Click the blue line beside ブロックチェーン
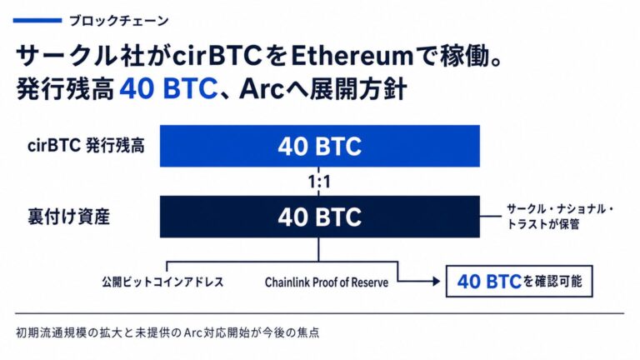pos(37,20)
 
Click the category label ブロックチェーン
pos(119,20)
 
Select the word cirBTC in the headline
pos(217,56)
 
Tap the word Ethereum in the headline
pos(352,56)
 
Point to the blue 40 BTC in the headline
pos(168,88)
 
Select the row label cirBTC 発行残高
pos(86,146)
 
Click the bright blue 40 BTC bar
pos(320,146)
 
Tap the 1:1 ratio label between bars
pos(319,182)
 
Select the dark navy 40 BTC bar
pos(320,217)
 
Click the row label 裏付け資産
pos(68,217)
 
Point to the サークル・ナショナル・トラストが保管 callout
pos(560,217)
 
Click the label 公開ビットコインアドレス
pos(162,282)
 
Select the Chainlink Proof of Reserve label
pos(327,282)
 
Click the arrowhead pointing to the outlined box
pos(437,281)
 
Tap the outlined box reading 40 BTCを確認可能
pos(519,281)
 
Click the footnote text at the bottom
pos(167,332)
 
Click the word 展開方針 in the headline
pos(358,88)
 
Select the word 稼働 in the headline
pos(464,56)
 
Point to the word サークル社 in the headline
pos(80,56)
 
